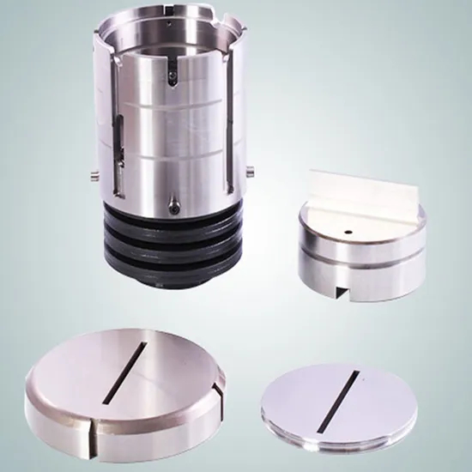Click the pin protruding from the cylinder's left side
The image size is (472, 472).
tap(91, 177)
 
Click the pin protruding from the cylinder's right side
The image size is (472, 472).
tap(250, 169)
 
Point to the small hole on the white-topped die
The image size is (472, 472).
tap(349, 232)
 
